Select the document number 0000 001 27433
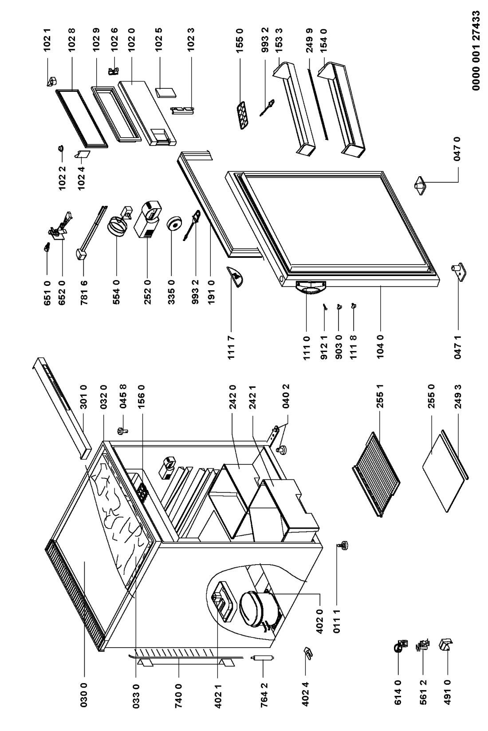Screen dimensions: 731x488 click(x=476, y=51)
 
